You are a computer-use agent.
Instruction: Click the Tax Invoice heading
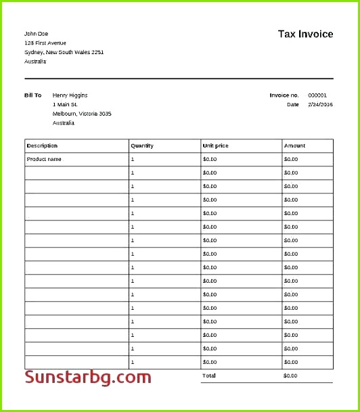[x=305, y=34]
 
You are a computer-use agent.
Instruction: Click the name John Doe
[x=37, y=33]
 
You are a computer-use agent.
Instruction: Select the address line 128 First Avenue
[x=46, y=43]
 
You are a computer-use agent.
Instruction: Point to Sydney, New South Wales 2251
[x=64, y=52]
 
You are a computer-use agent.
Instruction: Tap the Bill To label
[x=33, y=95]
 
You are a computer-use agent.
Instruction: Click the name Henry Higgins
[x=70, y=95]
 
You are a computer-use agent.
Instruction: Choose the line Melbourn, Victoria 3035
[x=82, y=114]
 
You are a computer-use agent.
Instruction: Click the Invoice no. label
[x=284, y=95]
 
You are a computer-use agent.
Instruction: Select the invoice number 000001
[x=317, y=95]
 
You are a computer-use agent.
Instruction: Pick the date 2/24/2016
[x=320, y=105]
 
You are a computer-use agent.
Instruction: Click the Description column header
[x=42, y=145]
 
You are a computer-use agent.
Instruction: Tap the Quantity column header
[x=142, y=145]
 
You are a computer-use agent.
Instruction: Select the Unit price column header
[x=215, y=145]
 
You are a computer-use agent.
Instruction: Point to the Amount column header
[x=294, y=145]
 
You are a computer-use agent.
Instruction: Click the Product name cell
[x=44, y=159]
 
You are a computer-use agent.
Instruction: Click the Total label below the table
[x=208, y=375]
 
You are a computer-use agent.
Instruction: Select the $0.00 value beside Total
[x=290, y=375]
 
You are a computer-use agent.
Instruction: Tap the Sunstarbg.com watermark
[x=88, y=377]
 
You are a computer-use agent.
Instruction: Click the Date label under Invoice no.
[x=292, y=105]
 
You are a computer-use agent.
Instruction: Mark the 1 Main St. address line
[x=65, y=105]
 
